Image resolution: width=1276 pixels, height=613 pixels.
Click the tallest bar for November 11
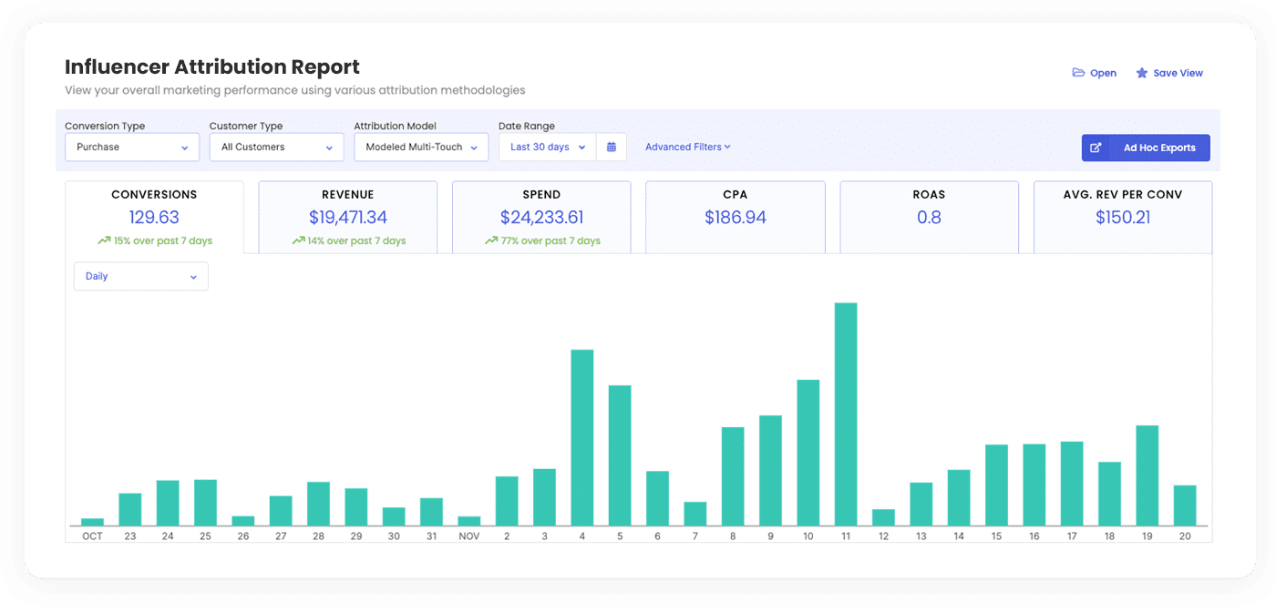846,414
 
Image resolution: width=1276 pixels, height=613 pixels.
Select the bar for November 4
582,437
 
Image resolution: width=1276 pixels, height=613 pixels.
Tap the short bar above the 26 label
242,520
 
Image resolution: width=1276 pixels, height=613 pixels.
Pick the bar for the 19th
1147,475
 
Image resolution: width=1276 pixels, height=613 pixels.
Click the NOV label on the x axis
469,536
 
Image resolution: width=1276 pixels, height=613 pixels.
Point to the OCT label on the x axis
92,536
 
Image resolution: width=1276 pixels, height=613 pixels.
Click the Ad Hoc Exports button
1146,148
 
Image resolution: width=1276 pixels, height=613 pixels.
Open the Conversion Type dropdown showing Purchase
132,147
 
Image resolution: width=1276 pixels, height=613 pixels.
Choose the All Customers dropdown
276,147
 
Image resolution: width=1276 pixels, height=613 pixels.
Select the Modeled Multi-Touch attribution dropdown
421,147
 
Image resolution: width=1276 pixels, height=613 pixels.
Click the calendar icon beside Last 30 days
612,147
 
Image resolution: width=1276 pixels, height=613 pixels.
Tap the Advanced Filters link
687,147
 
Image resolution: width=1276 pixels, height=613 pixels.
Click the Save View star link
1169,73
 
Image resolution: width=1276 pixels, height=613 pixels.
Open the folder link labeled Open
1095,73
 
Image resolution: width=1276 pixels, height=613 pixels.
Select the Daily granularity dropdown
140,277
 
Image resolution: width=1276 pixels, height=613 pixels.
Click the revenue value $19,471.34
348,218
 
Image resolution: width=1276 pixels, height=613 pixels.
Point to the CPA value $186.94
736,218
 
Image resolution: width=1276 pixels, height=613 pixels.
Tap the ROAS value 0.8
929,218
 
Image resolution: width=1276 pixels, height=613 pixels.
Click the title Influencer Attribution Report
212,67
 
